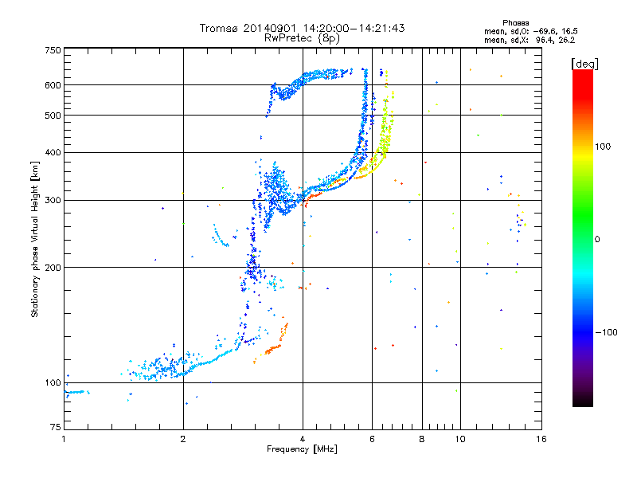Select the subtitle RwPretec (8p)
pyautogui.click(x=302, y=38)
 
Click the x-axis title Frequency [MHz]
pyautogui.click(x=302, y=449)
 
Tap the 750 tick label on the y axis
pyautogui.click(x=53, y=50)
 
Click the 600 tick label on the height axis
pyautogui.click(x=53, y=85)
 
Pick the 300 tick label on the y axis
pyautogui.click(x=53, y=200)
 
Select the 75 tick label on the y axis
pyautogui.click(x=56, y=427)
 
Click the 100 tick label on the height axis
pyautogui.click(x=53, y=382)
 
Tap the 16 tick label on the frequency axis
pyautogui.click(x=541, y=439)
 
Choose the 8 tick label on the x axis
pyautogui.click(x=422, y=439)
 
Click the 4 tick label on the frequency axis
pyautogui.click(x=303, y=439)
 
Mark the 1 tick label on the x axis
pyautogui.click(x=64, y=439)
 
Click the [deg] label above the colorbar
pyautogui.click(x=585, y=64)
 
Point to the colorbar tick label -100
pyautogui.click(x=607, y=332)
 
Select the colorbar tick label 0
pyautogui.click(x=597, y=239)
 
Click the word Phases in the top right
pyautogui.click(x=515, y=23)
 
